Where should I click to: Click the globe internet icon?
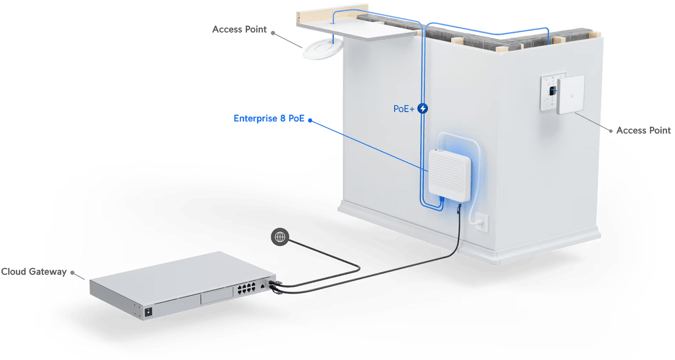pos(280,237)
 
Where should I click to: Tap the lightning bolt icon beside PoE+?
pos(423,109)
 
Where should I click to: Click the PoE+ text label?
pos(403,109)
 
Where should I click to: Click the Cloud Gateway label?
pos(33,271)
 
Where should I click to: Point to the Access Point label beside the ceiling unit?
pos(240,30)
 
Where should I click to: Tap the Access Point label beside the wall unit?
pos(643,130)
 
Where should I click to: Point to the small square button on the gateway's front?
pos(149,312)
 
